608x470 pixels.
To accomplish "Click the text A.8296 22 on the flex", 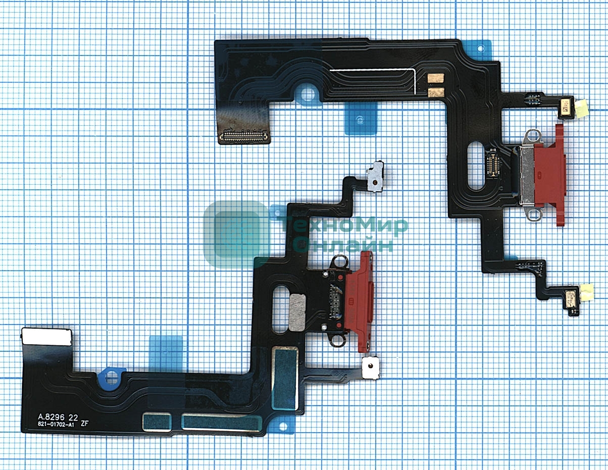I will pyautogui.click(x=58, y=417).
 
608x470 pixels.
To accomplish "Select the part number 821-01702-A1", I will pyautogui.click(x=56, y=426).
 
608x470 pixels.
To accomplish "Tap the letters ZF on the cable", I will pyautogui.click(x=84, y=425).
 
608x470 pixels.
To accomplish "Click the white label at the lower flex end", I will pyautogui.click(x=46, y=337).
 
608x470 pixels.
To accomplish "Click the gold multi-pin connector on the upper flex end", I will pyautogui.click(x=244, y=136).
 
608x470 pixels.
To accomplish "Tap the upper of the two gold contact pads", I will pyautogui.click(x=436, y=78).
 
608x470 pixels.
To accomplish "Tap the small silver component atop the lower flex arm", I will pyautogui.click(x=376, y=177).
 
